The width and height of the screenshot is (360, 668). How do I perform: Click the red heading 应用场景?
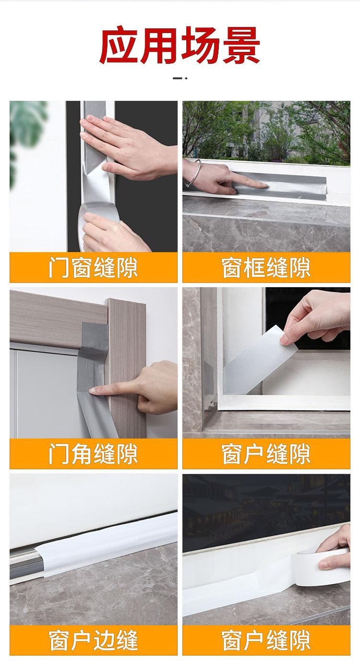180,45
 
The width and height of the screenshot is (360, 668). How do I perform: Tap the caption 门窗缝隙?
93,267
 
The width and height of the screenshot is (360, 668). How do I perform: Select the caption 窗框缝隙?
266,267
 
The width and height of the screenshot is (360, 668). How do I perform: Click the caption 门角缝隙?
93,454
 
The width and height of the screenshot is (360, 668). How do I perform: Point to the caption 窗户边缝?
93,640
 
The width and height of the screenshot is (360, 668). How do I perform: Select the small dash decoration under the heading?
180,78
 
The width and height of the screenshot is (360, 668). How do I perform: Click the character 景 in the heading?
240,45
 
